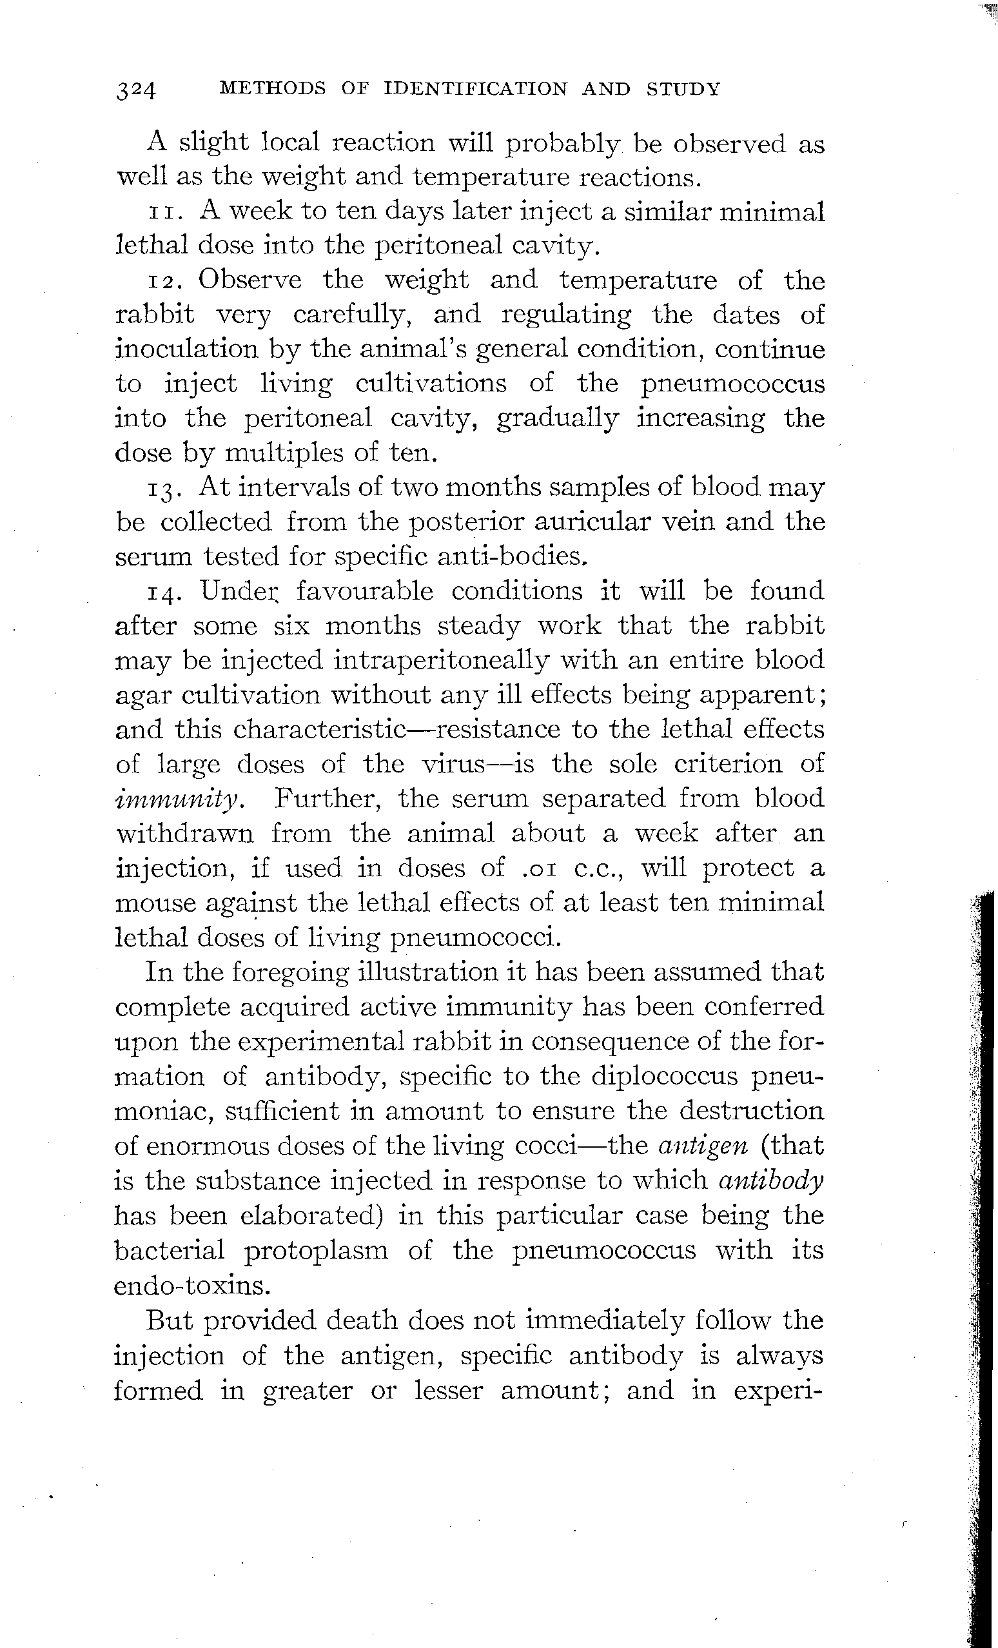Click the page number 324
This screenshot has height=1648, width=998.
(x=137, y=90)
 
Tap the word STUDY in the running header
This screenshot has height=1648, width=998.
(x=683, y=88)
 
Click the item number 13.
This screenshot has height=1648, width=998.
(x=162, y=489)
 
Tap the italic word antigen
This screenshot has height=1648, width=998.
(x=702, y=1146)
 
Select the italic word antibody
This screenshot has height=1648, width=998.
(x=770, y=1181)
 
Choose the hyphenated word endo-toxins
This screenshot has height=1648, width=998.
(x=182, y=1286)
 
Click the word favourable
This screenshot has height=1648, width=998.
(x=366, y=592)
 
